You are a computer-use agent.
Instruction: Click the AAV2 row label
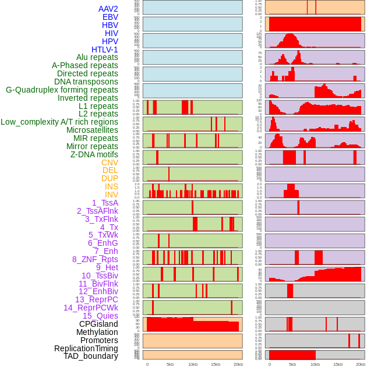point(108,9)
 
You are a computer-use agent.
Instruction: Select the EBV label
point(110,17)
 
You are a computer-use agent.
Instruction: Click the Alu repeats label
point(97,57)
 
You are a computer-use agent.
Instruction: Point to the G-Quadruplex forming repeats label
point(62,90)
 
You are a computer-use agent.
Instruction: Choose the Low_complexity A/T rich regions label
point(59,122)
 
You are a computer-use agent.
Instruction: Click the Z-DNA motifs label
point(94,154)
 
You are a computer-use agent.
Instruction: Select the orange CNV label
point(110,163)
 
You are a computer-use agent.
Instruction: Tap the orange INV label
point(111,195)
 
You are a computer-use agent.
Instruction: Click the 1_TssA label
point(105,203)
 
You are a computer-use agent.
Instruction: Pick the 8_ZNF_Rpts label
point(95,259)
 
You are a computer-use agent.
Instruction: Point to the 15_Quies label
point(100,316)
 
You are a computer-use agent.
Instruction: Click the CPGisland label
point(98,324)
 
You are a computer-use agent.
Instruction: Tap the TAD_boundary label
point(90,356)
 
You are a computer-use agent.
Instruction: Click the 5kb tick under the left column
point(170,364)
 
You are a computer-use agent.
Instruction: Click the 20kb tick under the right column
point(360,364)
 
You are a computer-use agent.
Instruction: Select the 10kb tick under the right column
point(315,364)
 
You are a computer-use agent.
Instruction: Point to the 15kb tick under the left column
point(216,364)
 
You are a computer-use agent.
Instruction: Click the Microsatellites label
point(91,130)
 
